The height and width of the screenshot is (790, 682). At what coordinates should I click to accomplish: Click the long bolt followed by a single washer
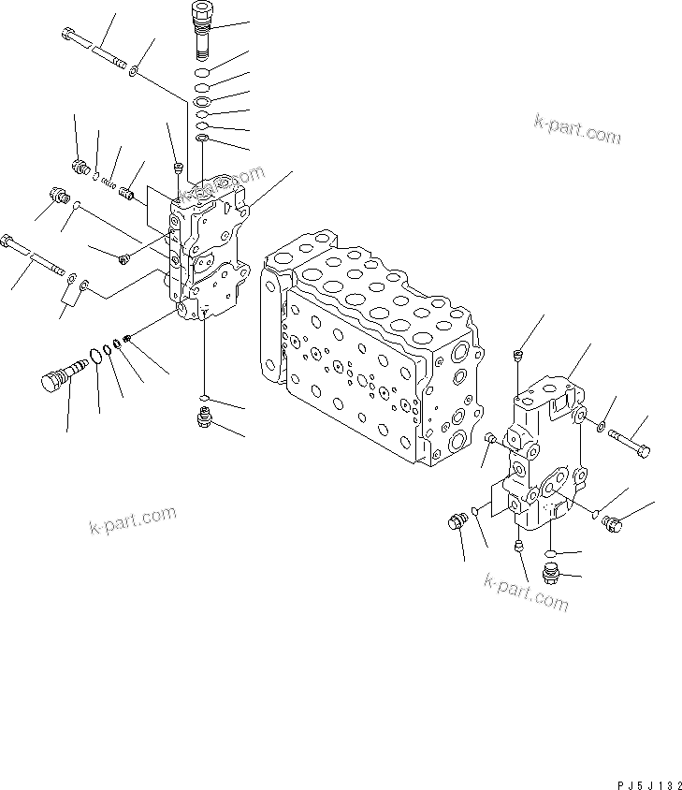tap(94, 47)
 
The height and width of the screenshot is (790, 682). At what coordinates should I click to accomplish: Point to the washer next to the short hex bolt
tap(600, 430)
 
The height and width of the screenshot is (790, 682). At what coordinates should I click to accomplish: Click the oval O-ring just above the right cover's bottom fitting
tap(552, 554)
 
